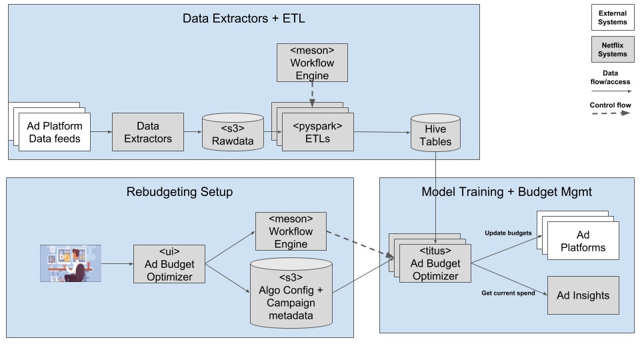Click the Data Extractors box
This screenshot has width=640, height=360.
pos(147,132)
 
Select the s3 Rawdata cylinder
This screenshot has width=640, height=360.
pos(233,134)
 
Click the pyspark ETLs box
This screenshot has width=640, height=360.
pos(318,132)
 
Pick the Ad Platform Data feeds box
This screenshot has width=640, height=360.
pos(55,132)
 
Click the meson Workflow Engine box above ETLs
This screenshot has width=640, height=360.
pos(313,63)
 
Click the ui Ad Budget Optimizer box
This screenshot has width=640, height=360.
pos(169,263)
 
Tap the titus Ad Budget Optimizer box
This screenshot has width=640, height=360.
pos(435,263)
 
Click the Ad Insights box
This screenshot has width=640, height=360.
pos(583,295)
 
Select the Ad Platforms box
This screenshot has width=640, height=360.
pos(583,241)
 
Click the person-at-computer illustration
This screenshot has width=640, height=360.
pos(70,263)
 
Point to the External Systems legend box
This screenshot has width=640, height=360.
pos(612,18)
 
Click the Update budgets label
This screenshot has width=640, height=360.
pos(508,233)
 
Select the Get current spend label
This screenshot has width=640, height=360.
pos(508,293)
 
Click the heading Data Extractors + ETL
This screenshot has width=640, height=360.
pos(243,18)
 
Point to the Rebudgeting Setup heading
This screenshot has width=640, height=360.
pos(179,192)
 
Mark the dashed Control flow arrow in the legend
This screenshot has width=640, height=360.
pos(612,113)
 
